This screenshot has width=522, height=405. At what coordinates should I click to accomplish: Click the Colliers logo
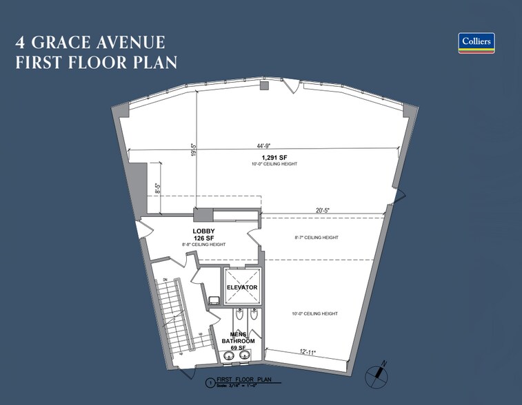(x=476, y=43)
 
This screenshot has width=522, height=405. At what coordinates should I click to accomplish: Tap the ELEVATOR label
(x=242, y=287)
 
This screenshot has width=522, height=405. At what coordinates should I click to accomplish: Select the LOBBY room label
(x=203, y=231)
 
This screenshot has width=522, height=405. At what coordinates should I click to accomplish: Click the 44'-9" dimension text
(x=262, y=145)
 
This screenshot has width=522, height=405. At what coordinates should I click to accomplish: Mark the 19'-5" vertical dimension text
(x=194, y=151)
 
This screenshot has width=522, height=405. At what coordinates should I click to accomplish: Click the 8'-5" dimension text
(x=158, y=189)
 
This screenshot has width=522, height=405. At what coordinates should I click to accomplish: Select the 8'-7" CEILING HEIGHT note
(x=317, y=238)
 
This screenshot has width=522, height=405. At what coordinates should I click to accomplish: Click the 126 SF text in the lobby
(x=204, y=238)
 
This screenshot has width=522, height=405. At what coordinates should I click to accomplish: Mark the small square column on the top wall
(x=263, y=86)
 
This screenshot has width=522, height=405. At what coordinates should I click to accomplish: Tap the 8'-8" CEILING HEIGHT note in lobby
(x=203, y=245)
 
